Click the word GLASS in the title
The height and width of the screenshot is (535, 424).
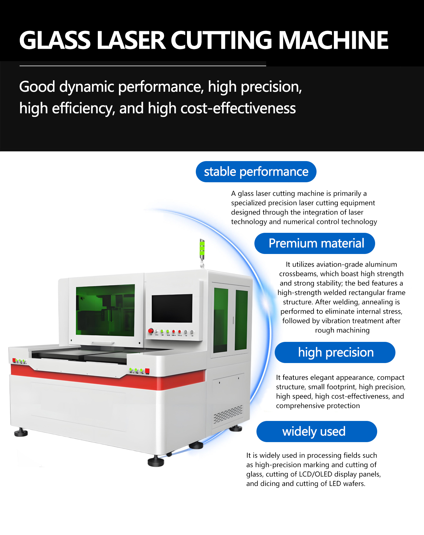[55, 41]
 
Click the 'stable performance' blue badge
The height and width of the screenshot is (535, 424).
[256, 172]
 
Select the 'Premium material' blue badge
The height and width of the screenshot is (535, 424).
[314, 243]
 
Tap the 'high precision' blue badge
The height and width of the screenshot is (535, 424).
[335, 352]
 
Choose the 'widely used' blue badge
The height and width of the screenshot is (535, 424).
[317, 432]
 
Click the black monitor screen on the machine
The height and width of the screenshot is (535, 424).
[172, 308]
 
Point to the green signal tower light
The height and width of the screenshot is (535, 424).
[202, 248]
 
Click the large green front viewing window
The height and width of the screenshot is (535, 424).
[105, 310]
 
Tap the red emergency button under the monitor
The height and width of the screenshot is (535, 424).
[151, 331]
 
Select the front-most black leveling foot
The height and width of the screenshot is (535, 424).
[155, 462]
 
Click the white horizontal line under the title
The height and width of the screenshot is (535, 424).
[143, 66]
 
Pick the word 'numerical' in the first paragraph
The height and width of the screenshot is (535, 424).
[297, 222]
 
